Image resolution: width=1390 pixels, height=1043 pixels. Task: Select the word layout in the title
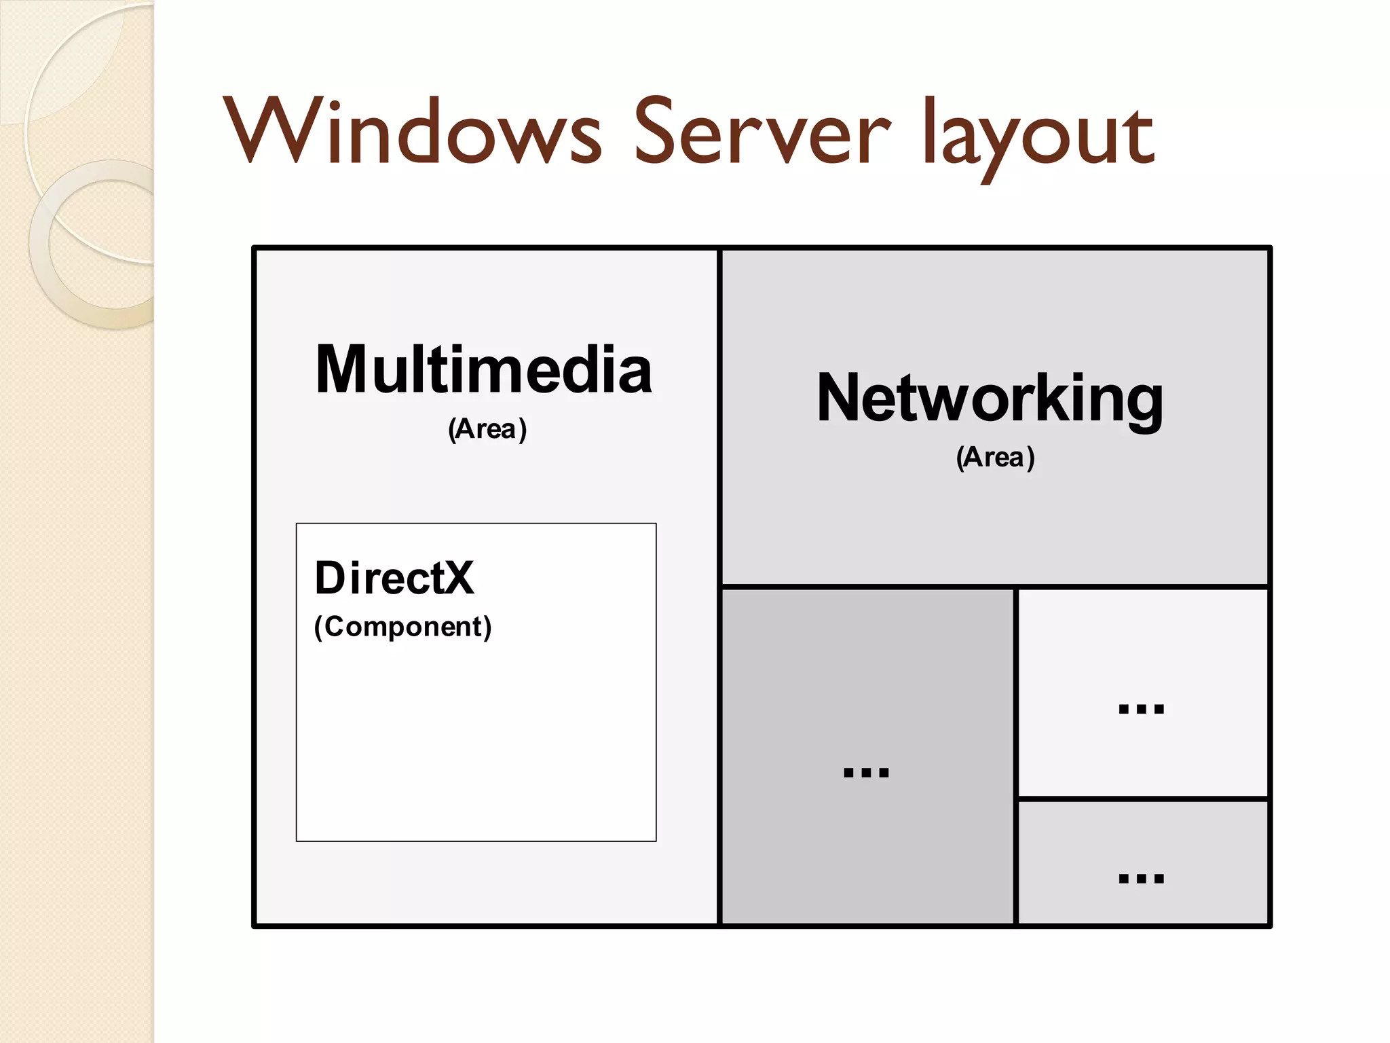1038,136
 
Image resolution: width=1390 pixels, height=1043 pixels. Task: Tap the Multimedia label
484,370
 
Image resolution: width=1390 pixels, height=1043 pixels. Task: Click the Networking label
990,399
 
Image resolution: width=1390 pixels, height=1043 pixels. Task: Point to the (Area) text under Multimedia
487,429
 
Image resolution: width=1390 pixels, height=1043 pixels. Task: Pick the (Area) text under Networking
995,458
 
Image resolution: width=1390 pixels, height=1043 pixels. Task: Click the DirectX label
394,579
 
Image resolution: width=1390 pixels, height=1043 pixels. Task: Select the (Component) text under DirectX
402,627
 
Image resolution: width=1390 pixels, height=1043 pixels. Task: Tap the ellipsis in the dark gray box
865,772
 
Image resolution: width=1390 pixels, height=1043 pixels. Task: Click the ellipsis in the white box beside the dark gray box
1141,709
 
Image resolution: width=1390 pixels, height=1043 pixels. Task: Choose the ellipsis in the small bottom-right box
1141,878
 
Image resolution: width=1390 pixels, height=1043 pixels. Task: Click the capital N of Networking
842,399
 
